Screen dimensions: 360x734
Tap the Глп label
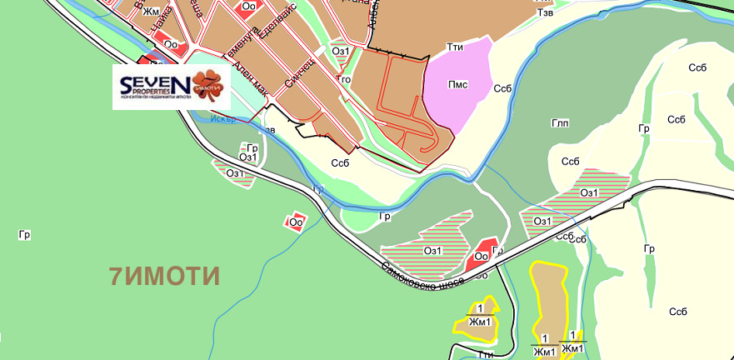560,122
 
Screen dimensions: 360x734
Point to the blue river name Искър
224,118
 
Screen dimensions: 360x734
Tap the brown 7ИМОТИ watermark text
165,276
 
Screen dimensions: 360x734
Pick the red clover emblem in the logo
208,84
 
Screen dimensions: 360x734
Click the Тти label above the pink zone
455,47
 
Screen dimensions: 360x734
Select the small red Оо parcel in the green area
296,222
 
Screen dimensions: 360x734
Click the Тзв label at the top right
546,13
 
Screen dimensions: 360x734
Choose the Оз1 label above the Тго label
340,51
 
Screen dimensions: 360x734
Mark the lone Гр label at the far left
24,235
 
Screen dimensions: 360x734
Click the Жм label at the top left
150,12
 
